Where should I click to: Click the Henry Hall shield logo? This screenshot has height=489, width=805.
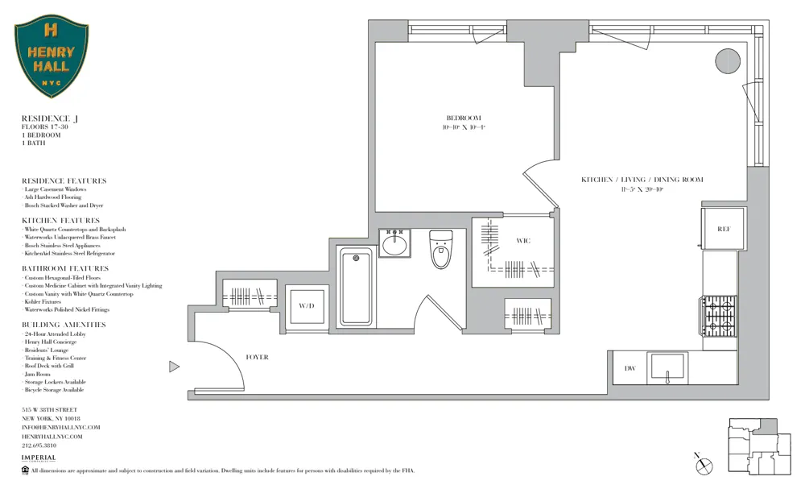click(52, 59)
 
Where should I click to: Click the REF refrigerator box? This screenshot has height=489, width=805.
click(722, 230)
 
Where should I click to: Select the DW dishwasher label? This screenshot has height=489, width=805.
click(630, 369)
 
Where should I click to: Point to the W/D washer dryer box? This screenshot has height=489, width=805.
click(306, 306)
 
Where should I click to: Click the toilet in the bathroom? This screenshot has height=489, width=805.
click(440, 249)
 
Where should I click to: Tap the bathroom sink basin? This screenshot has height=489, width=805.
click(394, 243)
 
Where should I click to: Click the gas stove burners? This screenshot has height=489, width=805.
click(720, 316)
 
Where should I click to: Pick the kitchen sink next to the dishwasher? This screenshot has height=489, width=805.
click(667, 367)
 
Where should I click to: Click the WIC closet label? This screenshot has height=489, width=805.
click(523, 241)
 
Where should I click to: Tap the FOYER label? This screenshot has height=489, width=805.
click(257, 357)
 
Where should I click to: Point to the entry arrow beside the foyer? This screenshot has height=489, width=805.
click(174, 367)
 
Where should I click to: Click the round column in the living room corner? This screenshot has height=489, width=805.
click(728, 60)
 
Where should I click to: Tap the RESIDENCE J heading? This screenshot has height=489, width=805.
click(50, 118)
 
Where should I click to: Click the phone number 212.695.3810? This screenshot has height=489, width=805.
click(39, 445)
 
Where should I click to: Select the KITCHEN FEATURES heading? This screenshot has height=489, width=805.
click(61, 220)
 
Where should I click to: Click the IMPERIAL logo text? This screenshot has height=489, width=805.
click(39, 458)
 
